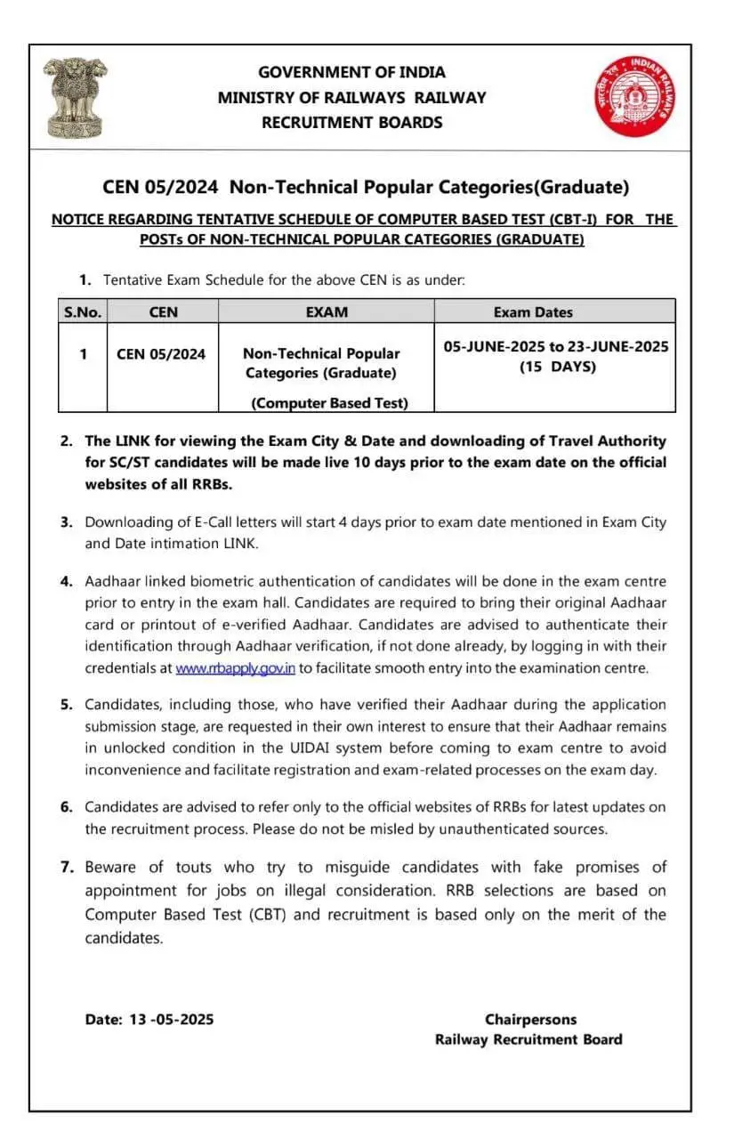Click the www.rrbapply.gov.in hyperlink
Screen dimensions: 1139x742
point(235,667)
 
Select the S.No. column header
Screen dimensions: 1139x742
point(83,312)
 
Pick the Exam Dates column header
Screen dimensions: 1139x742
point(533,312)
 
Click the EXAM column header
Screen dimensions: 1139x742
point(326,312)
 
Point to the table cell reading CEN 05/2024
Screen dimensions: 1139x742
point(161,354)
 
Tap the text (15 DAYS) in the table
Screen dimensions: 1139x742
point(557,367)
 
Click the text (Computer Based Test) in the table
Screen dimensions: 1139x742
point(329,403)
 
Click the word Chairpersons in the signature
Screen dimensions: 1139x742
point(530,1020)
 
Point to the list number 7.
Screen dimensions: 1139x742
point(66,867)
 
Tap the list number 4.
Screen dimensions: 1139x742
point(66,582)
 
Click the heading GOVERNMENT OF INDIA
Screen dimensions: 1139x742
point(351,72)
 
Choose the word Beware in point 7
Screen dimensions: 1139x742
point(111,867)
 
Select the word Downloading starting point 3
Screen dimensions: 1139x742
point(126,522)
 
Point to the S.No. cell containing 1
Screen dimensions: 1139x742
point(83,354)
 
